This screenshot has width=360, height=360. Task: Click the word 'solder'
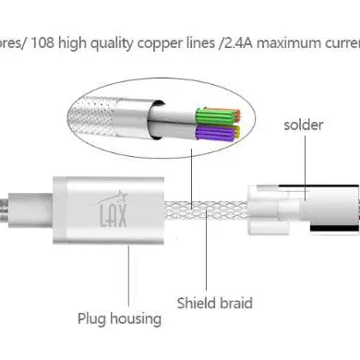tap(305, 123)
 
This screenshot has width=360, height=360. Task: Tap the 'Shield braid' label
tap(214, 302)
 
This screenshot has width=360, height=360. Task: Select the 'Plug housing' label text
tap(120, 318)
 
